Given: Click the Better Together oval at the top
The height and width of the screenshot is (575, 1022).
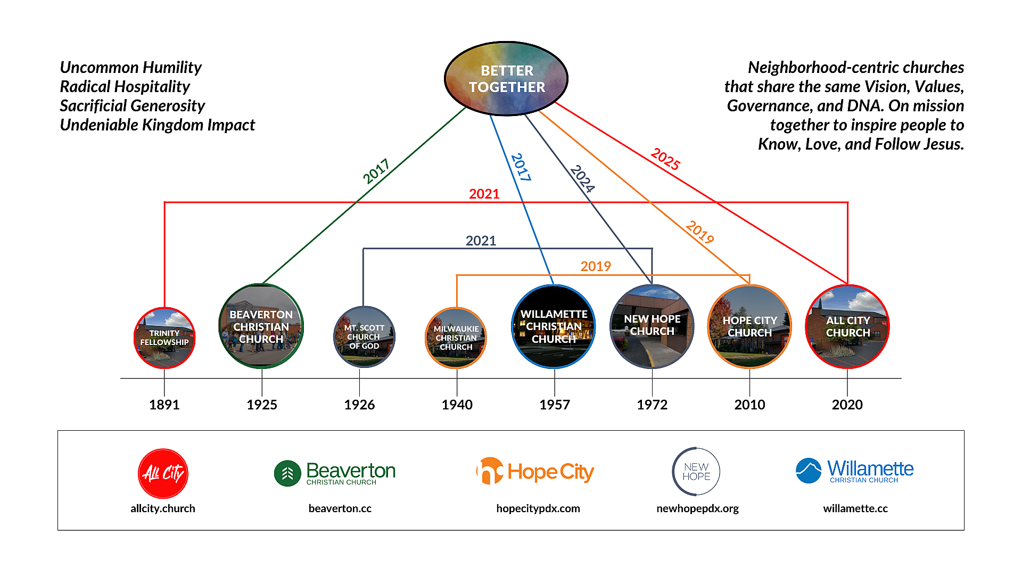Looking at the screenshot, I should point(506,79).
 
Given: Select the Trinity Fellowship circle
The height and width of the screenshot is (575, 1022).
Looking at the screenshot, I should point(164,338).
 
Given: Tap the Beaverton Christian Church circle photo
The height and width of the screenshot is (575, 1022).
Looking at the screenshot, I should point(261,326).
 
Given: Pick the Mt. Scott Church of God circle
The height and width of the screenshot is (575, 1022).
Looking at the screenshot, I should point(364,336).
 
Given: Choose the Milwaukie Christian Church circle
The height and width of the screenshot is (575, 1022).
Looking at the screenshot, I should point(456,338).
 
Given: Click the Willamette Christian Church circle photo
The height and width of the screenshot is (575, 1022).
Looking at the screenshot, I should point(554,326).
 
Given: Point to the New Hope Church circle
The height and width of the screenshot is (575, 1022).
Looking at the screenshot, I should point(652,326).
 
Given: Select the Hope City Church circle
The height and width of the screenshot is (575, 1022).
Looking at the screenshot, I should point(749,326).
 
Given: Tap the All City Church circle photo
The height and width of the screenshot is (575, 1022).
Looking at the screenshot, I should point(847,326).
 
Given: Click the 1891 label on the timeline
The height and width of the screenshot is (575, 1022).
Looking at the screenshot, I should point(164,405).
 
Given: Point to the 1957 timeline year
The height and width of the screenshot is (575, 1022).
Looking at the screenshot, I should point(554,405).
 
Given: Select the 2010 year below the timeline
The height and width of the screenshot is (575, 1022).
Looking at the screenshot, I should point(749,405).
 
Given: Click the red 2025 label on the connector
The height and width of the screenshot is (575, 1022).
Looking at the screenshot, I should point(665,159).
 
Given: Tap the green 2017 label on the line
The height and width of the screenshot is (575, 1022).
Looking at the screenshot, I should point(376,171).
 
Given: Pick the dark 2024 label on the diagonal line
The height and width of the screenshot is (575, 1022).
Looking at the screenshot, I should point(582,178).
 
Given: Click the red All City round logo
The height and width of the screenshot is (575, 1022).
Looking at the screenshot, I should point(163,473).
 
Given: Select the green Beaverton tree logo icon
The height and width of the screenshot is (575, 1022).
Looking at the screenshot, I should point(287,473).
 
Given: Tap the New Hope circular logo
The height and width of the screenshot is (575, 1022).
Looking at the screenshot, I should point(696,472).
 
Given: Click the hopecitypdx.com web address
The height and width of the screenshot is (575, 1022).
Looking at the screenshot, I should point(538,508).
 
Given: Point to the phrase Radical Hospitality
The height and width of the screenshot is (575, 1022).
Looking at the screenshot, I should point(125,87).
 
